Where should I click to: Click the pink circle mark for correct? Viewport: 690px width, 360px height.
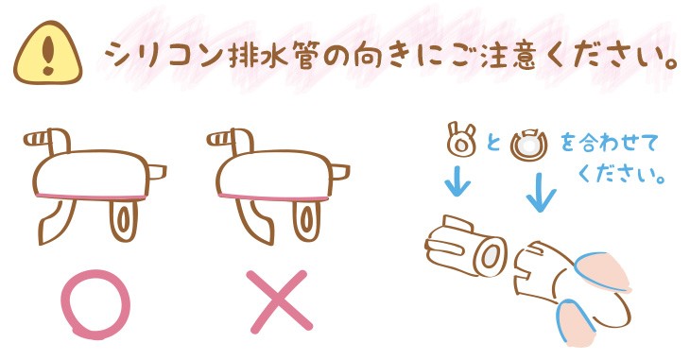[x=95, y=304]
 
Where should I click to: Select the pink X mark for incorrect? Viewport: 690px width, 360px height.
[x=279, y=301]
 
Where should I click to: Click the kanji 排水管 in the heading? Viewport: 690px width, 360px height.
[x=271, y=56]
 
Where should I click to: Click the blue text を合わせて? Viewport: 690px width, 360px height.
[x=609, y=144]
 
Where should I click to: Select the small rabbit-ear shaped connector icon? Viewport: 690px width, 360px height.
[x=461, y=140]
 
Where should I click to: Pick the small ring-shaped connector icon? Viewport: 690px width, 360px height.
[x=528, y=145]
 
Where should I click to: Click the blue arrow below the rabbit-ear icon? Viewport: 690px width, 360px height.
[x=457, y=180]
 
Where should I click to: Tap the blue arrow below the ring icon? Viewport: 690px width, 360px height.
[x=541, y=193]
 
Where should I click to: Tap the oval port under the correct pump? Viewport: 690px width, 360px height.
[x=123, y=219]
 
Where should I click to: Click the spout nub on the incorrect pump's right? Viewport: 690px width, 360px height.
[x=338, y=172]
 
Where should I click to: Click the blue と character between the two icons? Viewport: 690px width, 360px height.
[x=493, y=143]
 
